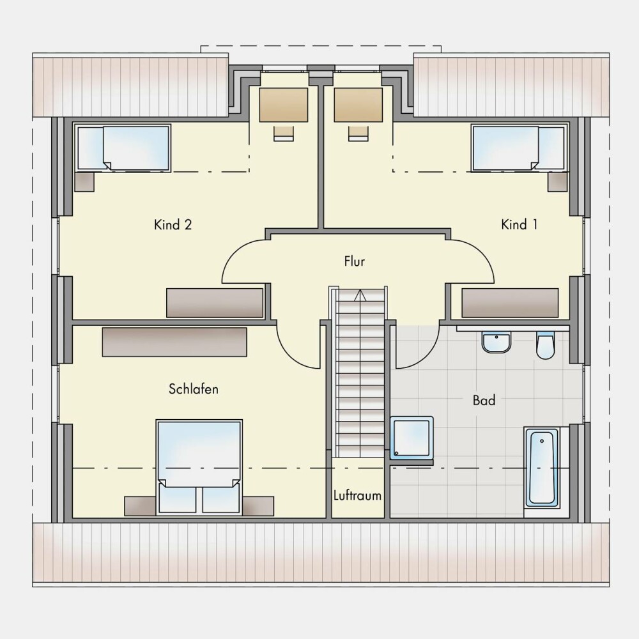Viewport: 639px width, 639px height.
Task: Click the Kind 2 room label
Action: [173, 224]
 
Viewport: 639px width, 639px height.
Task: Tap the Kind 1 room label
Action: [519, 224]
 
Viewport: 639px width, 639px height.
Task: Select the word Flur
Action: [354, 261]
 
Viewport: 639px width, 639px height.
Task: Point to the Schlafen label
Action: [193, 389]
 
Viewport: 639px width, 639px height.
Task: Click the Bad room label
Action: [484, 400]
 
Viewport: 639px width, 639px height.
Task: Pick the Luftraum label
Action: [357, 496]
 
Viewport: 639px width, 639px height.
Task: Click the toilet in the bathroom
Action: [545, 345]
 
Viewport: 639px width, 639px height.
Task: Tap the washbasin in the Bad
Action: [496, 342]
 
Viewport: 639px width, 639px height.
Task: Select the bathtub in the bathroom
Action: [542, 468]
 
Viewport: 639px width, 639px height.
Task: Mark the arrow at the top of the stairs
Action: [360, 295]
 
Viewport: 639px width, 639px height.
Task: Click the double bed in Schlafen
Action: [199, 466]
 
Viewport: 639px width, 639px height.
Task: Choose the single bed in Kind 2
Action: [122, 148]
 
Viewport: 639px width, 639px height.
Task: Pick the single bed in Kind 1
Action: [519, 148]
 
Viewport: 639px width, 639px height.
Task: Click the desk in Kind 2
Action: [284, 104]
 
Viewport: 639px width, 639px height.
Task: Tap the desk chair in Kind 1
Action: [358, 134]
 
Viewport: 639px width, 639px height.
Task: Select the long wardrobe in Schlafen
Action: [174, 342]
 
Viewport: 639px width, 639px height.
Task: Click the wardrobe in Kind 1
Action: [510, 303]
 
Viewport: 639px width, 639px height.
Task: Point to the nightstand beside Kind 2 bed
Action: [84, 181]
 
